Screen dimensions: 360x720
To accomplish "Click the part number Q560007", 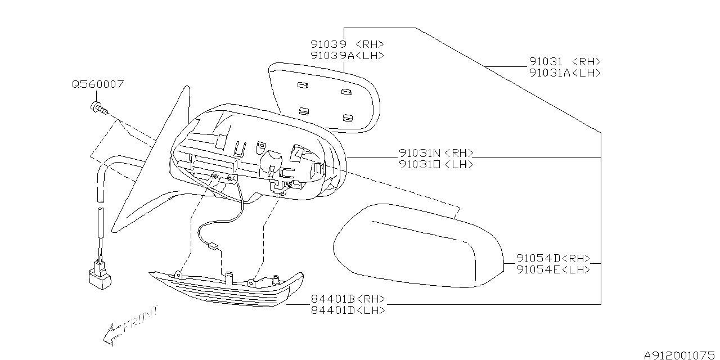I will click(98, 84).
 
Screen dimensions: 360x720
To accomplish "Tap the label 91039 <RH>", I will click(347, 44).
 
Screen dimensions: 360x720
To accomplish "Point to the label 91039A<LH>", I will click(347, 55).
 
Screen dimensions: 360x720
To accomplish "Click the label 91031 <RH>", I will click(565, 61).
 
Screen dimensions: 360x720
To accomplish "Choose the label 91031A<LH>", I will click(565, 73).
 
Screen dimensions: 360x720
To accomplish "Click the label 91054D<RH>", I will click(553, 258).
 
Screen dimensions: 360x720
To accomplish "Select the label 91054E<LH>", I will click(553, 269).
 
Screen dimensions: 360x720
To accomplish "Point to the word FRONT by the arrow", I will click(141, 318).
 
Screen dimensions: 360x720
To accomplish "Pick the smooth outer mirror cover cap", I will click(416, 245).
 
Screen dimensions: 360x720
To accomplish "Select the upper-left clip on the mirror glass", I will click(301, 85).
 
